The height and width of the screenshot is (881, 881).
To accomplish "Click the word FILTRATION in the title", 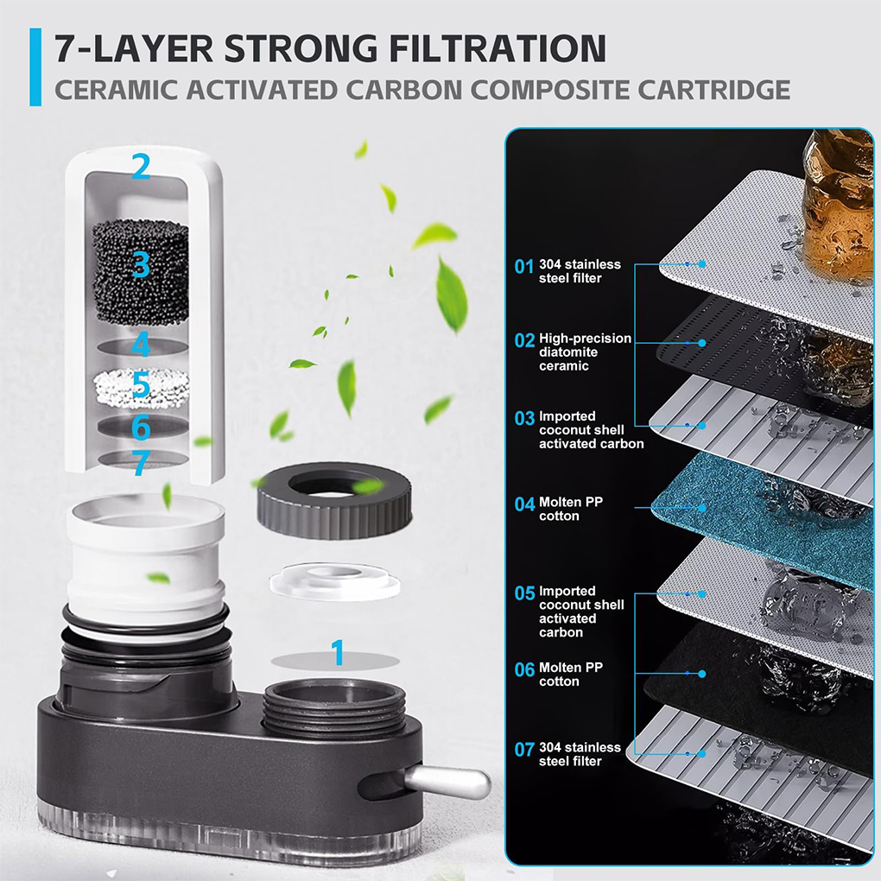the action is pos(498,48).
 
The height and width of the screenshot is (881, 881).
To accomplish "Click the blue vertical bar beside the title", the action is pos(35,67).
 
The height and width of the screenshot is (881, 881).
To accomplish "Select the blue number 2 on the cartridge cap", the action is pos(141,167).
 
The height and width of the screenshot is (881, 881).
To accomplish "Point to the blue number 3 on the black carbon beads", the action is pos(141,264).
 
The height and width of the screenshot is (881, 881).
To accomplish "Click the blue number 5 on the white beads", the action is pos(141,385).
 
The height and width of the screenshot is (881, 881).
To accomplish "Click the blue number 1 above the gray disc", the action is pos(337,652).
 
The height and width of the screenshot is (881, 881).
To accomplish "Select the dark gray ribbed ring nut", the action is pos(334,500).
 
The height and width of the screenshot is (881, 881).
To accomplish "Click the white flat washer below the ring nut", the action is pos(335,580).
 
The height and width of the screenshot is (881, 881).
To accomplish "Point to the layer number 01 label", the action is pos(523,266).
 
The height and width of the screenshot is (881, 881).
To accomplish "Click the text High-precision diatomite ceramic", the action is pos(585,352).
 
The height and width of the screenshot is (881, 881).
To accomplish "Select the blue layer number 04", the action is pos(524,504).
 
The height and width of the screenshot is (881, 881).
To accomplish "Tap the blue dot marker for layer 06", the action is pos(701,674).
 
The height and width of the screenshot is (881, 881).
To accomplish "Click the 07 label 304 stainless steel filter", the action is pos(580,754).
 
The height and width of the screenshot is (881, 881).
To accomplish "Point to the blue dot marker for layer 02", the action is pos(701,343).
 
